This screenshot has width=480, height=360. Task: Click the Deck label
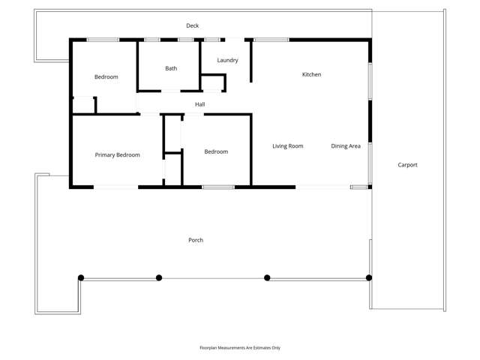click(x=193, y=26)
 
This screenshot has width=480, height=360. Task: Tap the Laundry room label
click(x=227, y=60)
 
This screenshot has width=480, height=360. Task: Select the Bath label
click(x=171, y=68)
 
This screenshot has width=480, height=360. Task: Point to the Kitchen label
click(x=311, y=74)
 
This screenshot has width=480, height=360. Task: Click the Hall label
click(x=200, y=104)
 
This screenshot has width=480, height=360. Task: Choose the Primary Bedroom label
click(x=117, y=154)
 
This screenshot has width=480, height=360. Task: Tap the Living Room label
click(x=287, y=146)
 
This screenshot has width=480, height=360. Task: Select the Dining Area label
click(x=346, y=146)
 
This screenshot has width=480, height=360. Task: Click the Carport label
click(x=407, y=165)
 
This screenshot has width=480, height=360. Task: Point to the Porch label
click(x=196, y=240)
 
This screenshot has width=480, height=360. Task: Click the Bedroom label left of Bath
click(x=106, y=77)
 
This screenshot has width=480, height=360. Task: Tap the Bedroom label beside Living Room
click(x=216, y=151)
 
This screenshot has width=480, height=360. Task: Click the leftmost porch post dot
click(x=81, y=278)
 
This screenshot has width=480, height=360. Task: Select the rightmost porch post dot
click(x=369, y=278)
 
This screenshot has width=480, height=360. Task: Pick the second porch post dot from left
click(x=159, y=278)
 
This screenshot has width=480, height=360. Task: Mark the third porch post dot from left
click(x=267, y=278)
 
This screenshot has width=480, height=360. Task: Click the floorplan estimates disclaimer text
click(x=240, y=348)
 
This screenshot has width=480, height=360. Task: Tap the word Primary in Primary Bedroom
click(x=106, y=154)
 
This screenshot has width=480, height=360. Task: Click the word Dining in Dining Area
click(x=340, y=146)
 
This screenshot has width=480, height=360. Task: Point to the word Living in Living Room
click(x=280, y=146)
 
